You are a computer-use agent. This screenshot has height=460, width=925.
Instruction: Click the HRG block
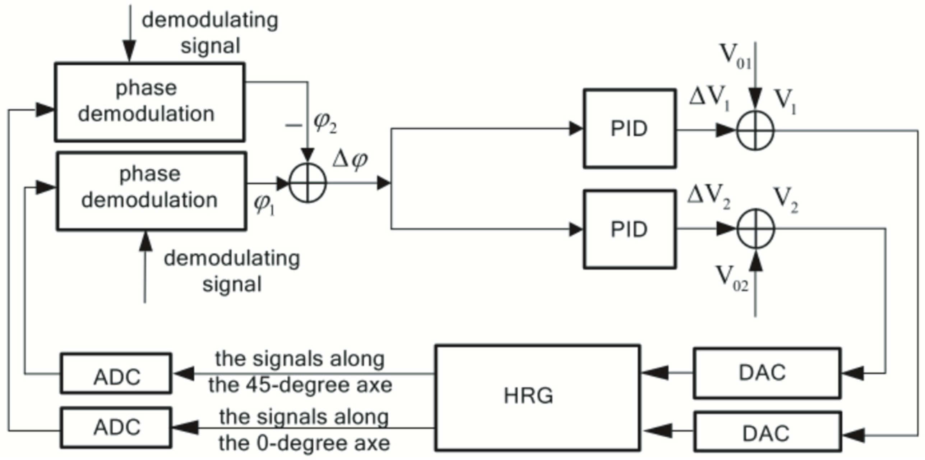coord(537,397)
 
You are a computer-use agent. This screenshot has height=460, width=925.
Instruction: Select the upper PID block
coord(629,128)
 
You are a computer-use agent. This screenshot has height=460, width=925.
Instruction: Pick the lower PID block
coord(629,229)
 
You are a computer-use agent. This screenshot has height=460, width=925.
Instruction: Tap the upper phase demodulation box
coord(149,102)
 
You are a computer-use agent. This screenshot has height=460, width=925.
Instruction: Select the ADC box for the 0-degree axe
coord(116,427)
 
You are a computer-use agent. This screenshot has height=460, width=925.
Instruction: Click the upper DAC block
coord(766,373)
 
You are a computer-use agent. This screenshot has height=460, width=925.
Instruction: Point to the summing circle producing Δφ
coord(307,184)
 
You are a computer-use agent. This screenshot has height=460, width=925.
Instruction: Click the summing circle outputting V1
coord(755,130)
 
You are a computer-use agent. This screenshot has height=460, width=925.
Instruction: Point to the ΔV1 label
coord(709,100)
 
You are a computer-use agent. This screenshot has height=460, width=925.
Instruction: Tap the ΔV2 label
coord(708,198)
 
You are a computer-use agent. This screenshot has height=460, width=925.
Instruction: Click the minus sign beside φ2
coord(293,125)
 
